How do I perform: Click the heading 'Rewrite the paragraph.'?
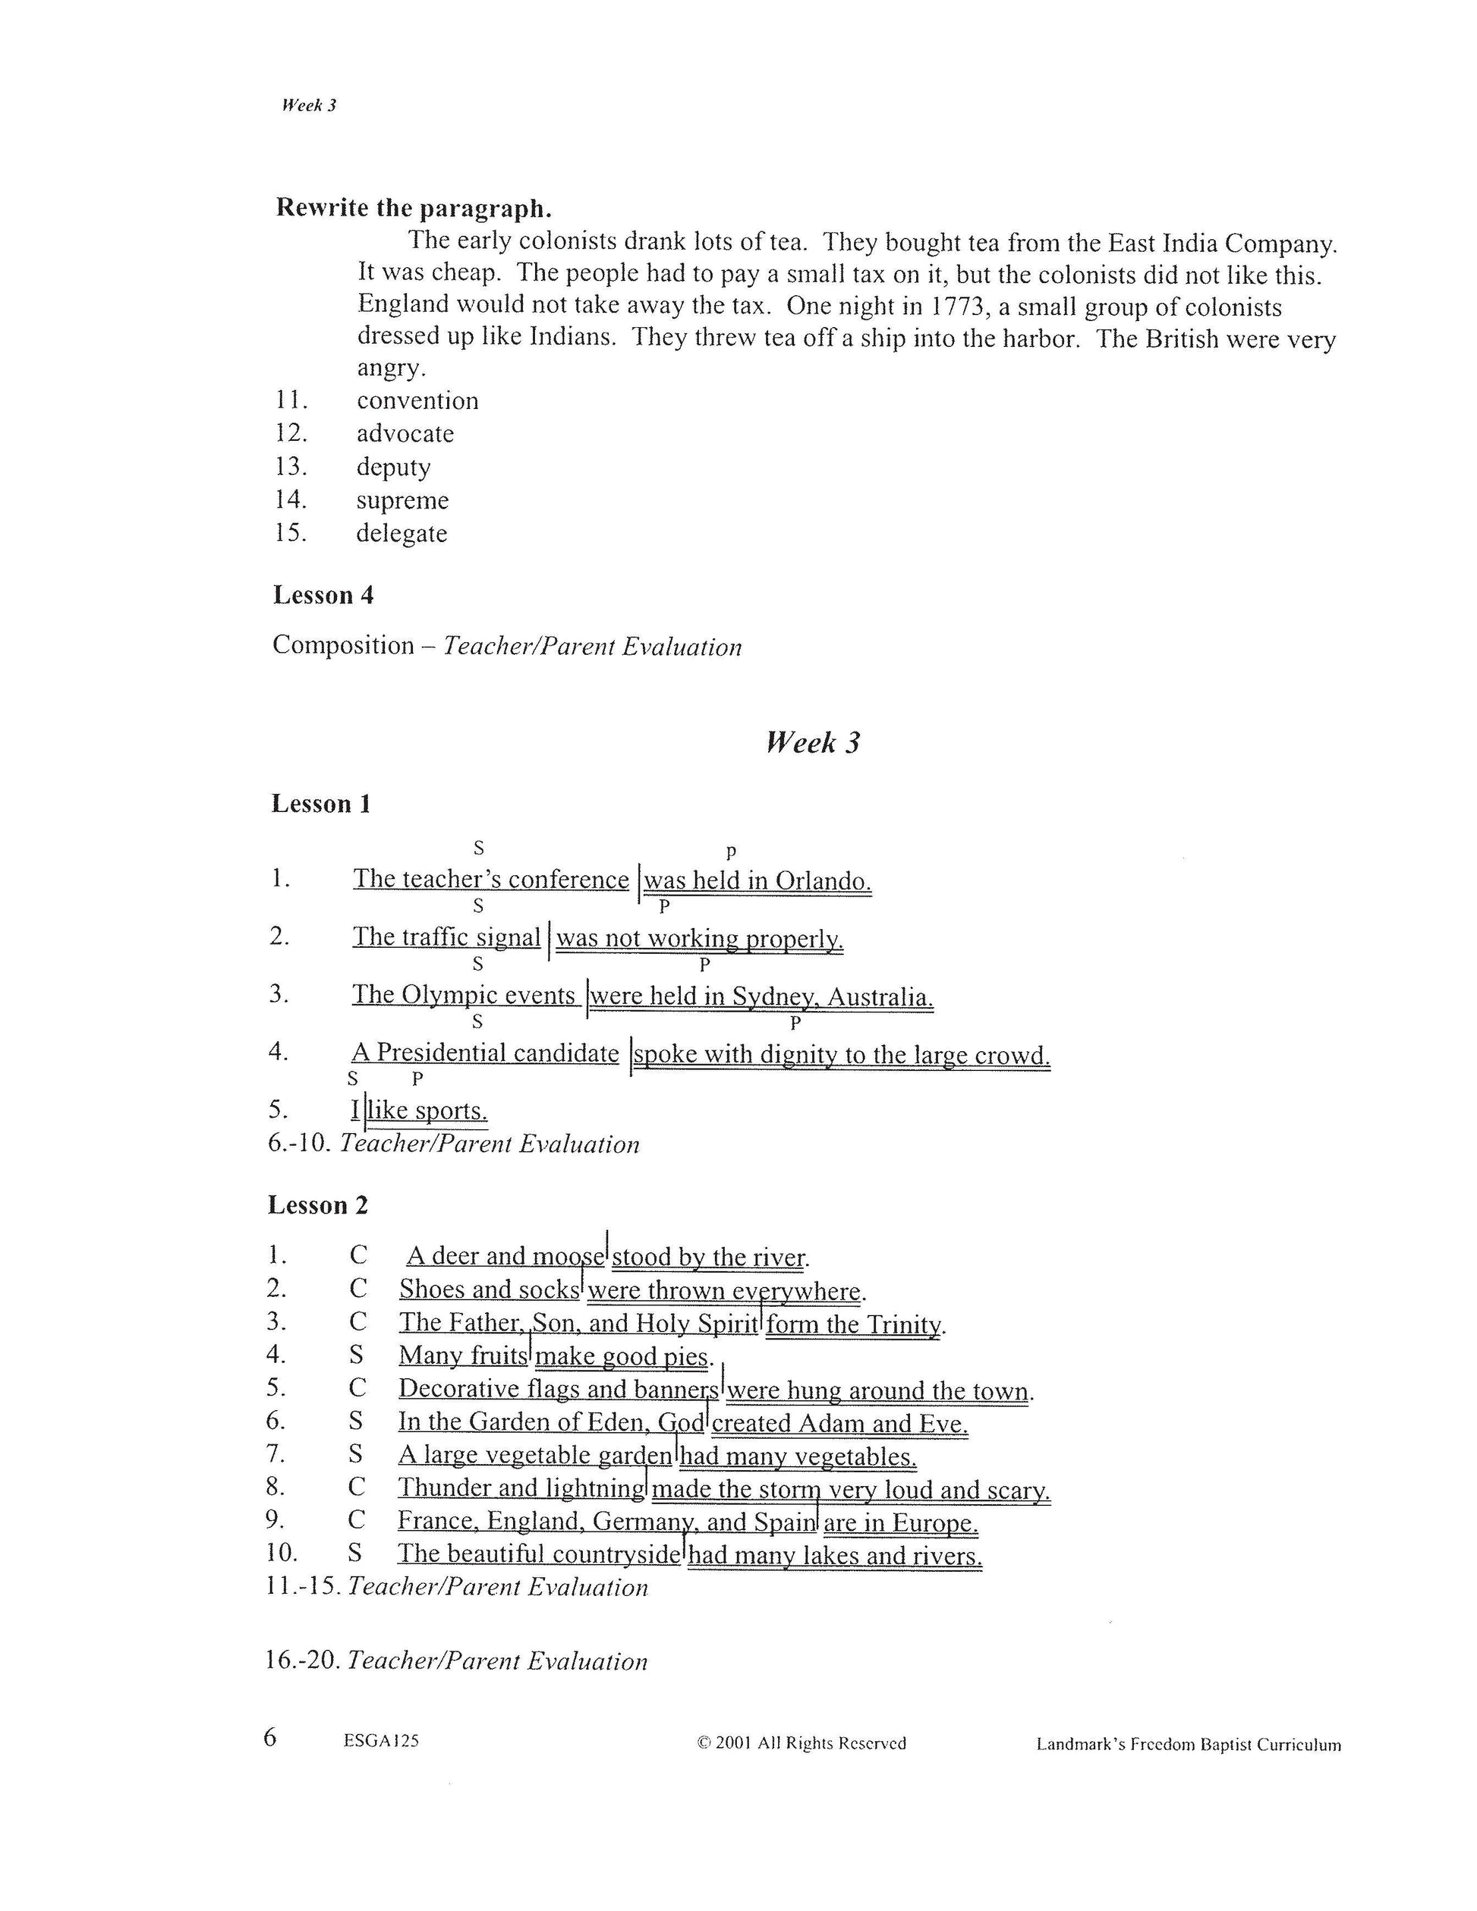tap(414, 208)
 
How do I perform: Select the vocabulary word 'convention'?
tap(417, 401)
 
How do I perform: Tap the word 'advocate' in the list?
tap(405, 434)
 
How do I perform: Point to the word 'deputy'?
tap(393, 468)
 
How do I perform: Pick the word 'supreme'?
tap(402, 500)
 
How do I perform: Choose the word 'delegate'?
tap(402, 534)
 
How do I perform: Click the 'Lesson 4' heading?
tap(323, 595)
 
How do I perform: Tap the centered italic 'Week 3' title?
tap(813, 743)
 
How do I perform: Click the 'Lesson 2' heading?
tap(317, 1206)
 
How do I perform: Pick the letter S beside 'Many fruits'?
tap(356, 1355)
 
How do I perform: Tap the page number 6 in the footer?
tap(269, 1737)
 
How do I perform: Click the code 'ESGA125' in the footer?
tap(382, 1741)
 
